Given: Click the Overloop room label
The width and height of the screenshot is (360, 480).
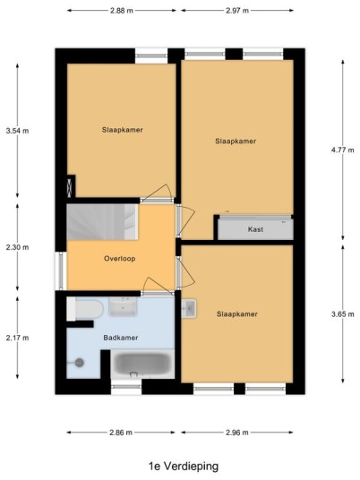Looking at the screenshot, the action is (120, 259).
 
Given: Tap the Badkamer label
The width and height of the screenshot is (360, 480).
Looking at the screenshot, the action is (121, 338).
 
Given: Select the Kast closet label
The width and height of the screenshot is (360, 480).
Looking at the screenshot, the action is (255, 229).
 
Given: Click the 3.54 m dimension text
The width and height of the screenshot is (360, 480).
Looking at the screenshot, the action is (17, 131).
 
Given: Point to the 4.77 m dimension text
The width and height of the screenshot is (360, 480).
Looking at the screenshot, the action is (343, 150).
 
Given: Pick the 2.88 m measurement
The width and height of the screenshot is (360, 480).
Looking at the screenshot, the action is (122, 11).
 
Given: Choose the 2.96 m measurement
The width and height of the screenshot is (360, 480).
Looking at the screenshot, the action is (237, 433).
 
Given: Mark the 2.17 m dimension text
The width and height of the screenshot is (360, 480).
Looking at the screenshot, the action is (17, 338).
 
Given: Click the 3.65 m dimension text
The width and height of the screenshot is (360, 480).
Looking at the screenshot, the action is (343, 314).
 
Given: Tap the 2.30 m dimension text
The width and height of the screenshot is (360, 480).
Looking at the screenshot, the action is (17, 247).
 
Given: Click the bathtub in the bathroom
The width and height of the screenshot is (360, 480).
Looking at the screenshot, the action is (142, 364).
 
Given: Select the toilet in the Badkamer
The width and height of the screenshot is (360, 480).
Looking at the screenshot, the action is (85, 309).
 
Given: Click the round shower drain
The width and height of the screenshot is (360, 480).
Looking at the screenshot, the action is (80, 363).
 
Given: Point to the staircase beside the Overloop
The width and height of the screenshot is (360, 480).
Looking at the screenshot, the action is (102, 222).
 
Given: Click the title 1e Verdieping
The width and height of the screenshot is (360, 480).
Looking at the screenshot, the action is (184, 467).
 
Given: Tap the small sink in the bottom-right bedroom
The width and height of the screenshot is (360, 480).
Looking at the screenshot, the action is (189, 309).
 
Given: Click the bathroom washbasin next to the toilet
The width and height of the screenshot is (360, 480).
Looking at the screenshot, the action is (123, 307).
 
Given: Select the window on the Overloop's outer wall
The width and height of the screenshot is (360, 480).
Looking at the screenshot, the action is (61, 270).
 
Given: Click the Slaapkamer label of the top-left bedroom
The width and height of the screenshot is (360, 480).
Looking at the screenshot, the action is (123, 130).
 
